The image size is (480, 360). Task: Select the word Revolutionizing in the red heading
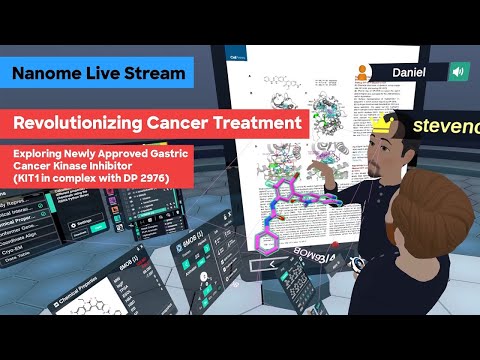pos(82,124)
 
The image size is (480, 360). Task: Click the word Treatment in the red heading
pos(254,124)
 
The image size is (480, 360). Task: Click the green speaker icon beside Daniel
pos(459,72)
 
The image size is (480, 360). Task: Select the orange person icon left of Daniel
pos(359,70)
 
